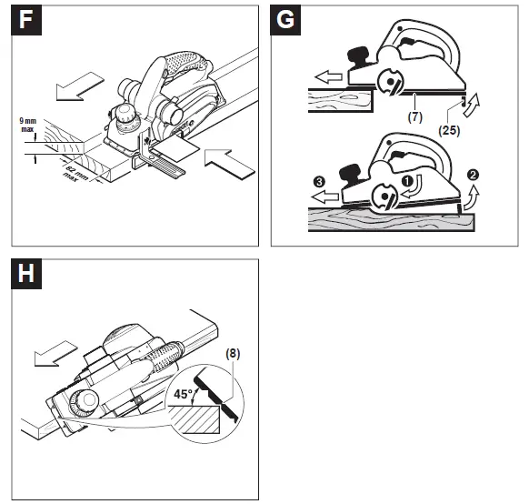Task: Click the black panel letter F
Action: click(x=25, y=19)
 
